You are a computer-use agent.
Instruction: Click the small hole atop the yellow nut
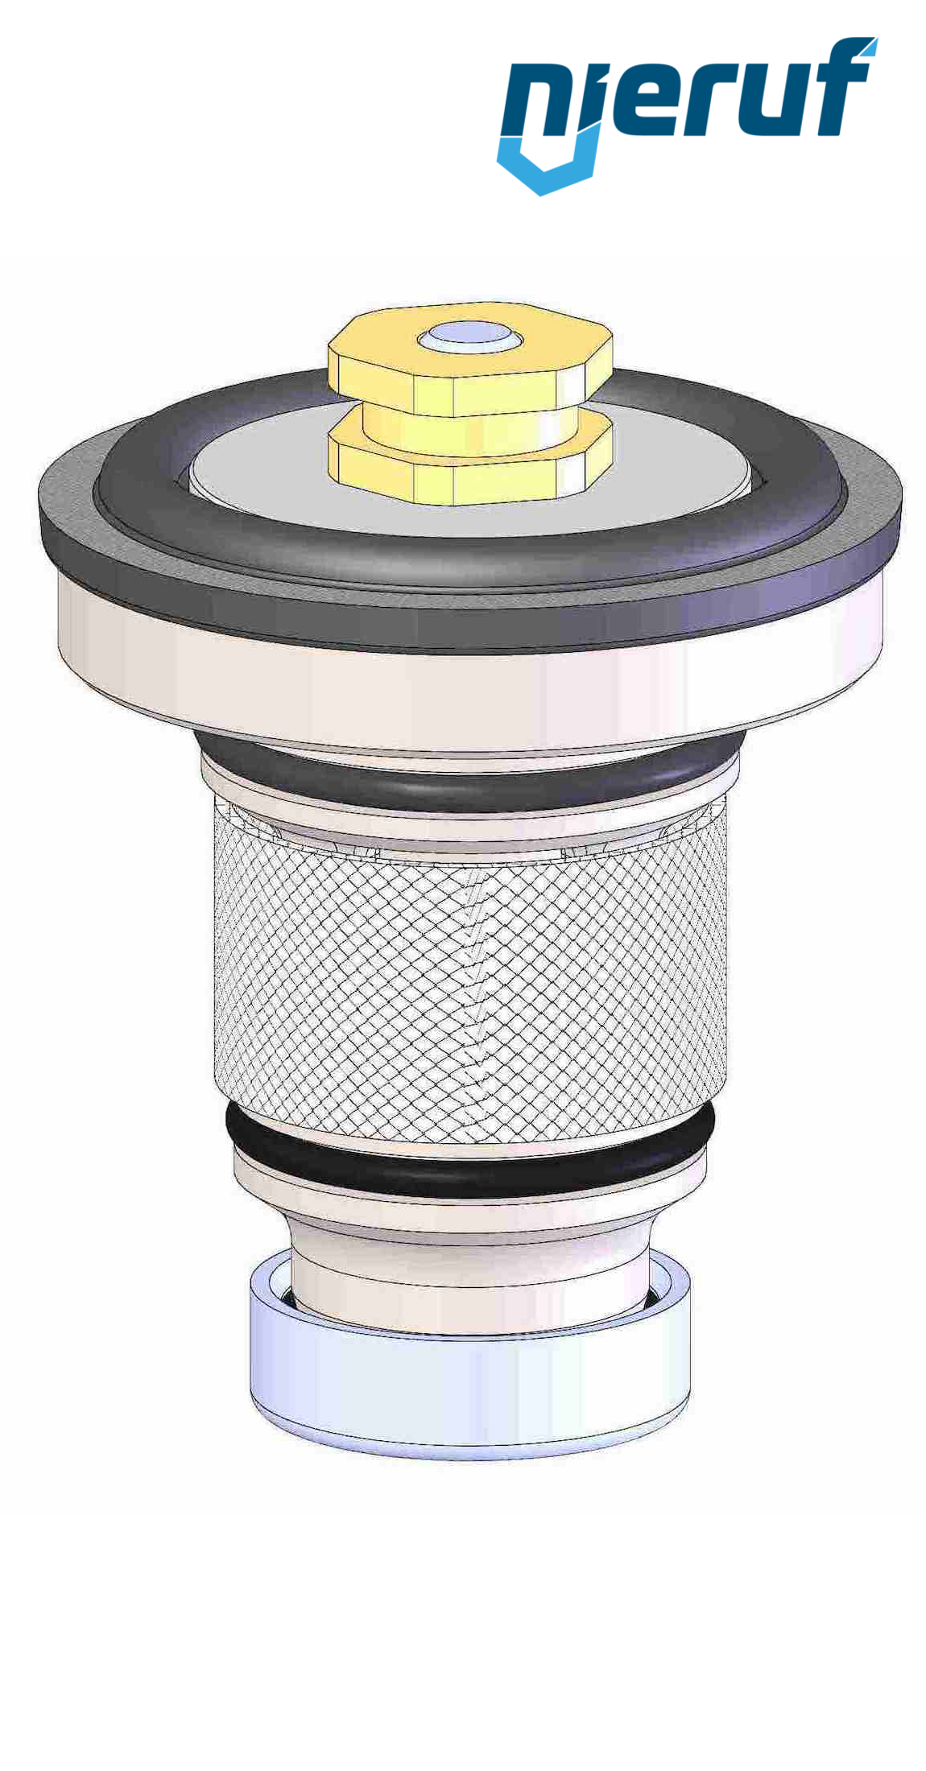tap(469, 336)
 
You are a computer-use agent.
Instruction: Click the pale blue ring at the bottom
tap(467, 1385)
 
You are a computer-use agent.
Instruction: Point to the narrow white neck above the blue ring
tap(467, 1280)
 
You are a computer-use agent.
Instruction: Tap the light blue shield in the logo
tap(548, 165)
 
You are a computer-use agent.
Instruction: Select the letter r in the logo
tap(713, 101)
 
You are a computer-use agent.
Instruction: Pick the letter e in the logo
tap(644, 101)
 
